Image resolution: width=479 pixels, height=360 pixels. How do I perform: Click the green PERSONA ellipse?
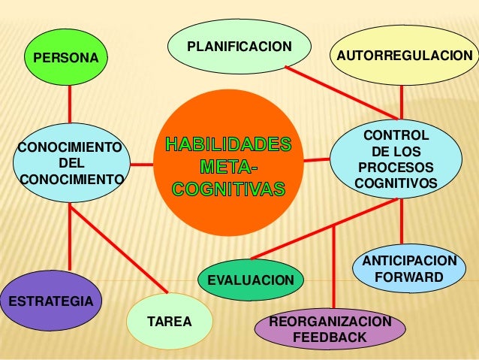point(66,57)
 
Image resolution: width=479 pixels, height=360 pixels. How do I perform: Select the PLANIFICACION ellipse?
point(239,47)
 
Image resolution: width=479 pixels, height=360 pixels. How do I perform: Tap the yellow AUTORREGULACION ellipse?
point(405,55)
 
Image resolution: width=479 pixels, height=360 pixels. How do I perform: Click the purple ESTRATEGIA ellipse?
point(51,301)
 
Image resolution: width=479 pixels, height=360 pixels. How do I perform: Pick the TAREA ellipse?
point(170,321)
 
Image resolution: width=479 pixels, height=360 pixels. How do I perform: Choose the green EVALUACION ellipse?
point(251,280)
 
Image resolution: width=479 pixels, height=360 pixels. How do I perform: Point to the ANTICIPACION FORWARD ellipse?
point(409,268)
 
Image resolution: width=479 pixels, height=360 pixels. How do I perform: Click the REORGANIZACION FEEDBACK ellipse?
point(330,328)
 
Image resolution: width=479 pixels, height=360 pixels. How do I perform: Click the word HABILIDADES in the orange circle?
point(228,144)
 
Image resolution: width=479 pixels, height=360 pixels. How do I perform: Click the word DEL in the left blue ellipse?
point(71,163)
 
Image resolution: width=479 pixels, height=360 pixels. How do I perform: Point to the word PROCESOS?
point(396,168)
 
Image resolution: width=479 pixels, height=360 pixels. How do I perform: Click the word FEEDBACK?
point(330,337)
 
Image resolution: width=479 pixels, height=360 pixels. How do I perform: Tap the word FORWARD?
point(409,277)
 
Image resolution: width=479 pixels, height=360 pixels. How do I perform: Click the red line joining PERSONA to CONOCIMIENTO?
point(70,104)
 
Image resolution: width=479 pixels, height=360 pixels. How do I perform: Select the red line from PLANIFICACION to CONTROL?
point(342,92)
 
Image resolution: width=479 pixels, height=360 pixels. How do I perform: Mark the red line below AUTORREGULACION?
point(402,102)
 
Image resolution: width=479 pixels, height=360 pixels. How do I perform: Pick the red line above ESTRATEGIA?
point(70,237)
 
